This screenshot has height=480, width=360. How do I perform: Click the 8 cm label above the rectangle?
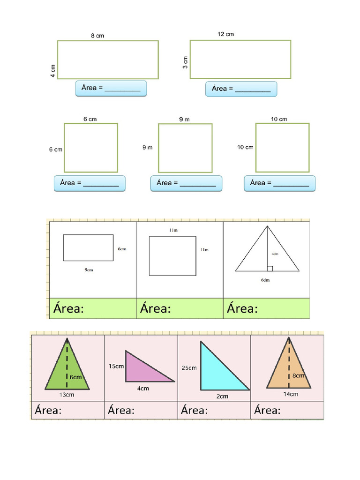click(x=97, y=36)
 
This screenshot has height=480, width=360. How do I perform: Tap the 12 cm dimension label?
click(x=225, y=34)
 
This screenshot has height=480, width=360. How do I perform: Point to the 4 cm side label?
click(x=53, y=71)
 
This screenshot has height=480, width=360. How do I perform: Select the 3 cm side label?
click(x=185, y=62)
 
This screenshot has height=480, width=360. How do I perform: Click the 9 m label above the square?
click(x=184, y=120)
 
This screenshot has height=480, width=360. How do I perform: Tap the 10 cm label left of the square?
click(x=245, y=147)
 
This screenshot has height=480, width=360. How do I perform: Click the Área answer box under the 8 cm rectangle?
click(x=111, y=89)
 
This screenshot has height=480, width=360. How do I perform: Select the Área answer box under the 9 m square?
click(x=186, y=183)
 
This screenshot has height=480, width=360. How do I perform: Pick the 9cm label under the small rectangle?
click(x=89, y=270)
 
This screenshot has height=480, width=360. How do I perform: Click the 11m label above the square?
click(x=173, y=230)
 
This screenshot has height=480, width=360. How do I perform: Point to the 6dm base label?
click(x=265, y=280)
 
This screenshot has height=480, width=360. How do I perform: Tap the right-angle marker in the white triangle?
click(x=270, y=269)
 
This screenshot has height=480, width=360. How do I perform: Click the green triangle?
click(x=67, y=370)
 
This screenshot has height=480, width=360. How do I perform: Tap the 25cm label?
click(x=189, y=367)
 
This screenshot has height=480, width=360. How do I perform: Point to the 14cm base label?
click(x=291, y=394)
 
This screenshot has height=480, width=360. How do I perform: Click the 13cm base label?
click(x=67, y=395)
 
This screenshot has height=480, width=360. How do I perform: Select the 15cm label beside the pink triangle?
click(x=116, y=366)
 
